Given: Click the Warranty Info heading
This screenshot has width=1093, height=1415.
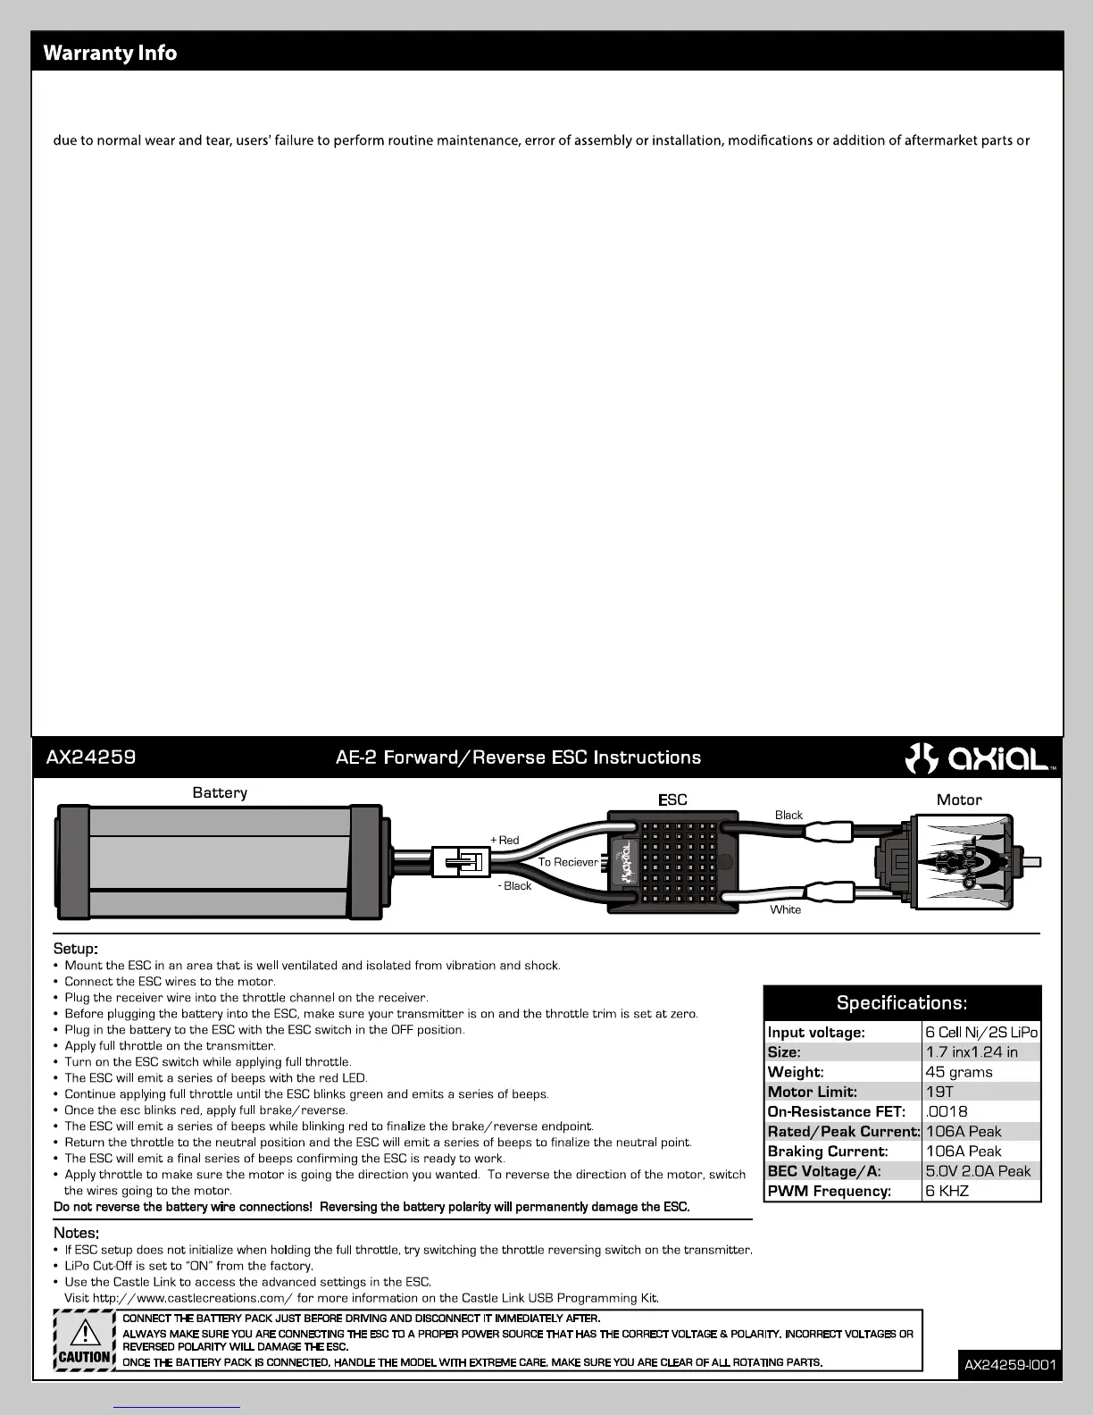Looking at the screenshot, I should pos(110,53).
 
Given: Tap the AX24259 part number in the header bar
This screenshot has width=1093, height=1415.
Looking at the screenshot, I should pos(91,758).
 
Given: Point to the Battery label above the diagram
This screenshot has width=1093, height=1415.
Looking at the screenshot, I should pos(220,792).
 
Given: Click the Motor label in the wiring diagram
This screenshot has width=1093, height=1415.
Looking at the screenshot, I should pos(959,800).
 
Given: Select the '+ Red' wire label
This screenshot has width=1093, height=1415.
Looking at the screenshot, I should pos(505,840).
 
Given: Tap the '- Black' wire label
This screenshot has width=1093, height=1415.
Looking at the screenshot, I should pos(514,886).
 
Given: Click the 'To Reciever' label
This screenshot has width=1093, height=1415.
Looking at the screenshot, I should pos(568,862).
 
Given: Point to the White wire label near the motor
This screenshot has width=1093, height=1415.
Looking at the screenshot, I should pos(786,909).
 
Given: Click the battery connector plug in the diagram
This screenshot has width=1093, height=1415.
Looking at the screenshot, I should pos(461,862).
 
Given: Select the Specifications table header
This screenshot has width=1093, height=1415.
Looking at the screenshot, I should pos(902,1002).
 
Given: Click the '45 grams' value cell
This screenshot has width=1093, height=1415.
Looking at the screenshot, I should pos(959,1072).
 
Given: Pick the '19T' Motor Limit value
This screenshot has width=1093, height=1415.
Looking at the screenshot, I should pos(939,1092).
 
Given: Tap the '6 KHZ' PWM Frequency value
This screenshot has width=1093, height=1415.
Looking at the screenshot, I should pos(947,1191).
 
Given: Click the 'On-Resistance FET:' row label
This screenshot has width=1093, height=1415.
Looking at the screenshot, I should pos(837,1111).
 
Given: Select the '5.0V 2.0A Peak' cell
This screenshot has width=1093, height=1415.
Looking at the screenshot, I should pos(979,1171).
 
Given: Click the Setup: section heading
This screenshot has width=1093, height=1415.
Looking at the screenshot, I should pos(76,948).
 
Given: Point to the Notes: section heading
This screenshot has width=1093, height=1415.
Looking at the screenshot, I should pos(76,1233).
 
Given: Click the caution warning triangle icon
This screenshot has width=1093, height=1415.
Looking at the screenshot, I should pos(84,1332).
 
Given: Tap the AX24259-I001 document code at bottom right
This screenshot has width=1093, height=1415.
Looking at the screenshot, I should pos(1010,1365).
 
